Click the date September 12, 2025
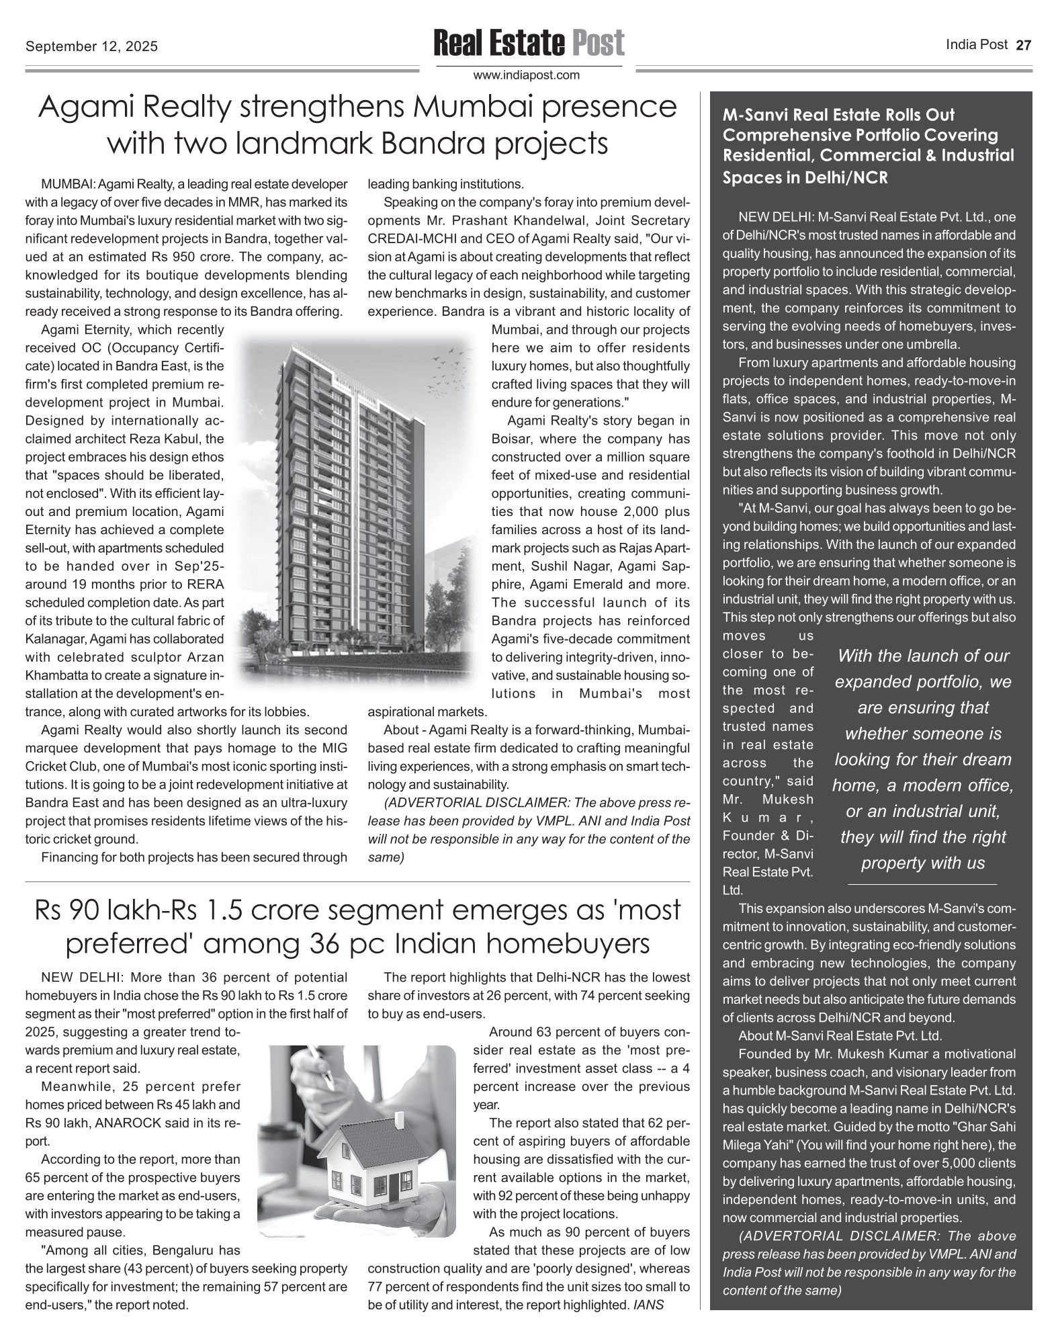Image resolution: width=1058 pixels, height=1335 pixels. click(x=91, y=46)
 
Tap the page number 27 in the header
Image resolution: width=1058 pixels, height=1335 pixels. click(x=1023, y=46)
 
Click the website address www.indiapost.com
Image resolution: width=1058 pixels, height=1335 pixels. click(x=527, y=75)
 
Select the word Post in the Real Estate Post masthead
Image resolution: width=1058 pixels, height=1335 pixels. click(x=598, y=43)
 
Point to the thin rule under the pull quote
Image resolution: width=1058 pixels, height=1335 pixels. click(x=922, y=884)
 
